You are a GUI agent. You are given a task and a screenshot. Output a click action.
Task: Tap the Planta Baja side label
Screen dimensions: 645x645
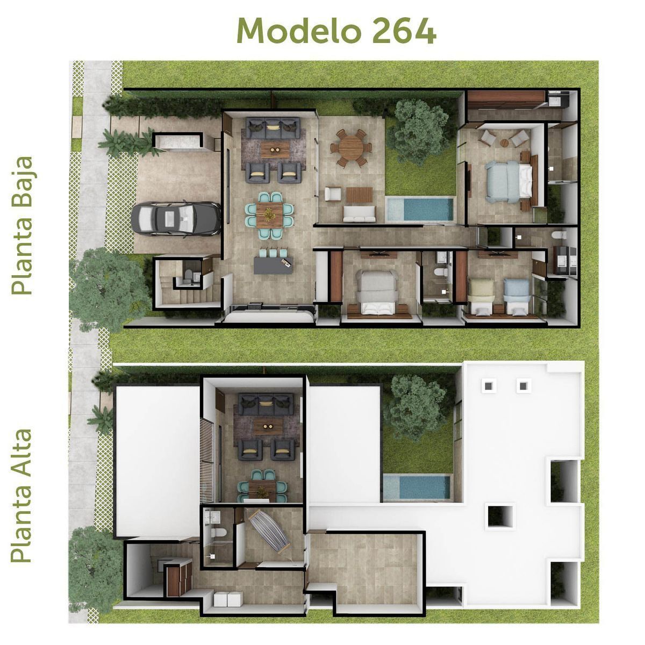tap(22, 226)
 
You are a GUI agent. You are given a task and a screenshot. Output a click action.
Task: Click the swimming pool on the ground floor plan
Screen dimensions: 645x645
tap(420, 209)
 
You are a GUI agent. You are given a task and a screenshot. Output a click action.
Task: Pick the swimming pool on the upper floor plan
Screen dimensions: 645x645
tap(417, 487)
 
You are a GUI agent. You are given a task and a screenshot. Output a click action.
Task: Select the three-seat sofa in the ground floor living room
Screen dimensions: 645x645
tap(273, 127)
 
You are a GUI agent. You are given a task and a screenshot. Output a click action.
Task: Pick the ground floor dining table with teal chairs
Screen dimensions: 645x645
tap(270, 214)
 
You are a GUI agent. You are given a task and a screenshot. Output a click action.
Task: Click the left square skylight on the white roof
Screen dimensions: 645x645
tap(489, 385)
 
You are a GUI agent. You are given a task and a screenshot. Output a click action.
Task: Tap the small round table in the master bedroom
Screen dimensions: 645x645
tap(504, 142)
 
